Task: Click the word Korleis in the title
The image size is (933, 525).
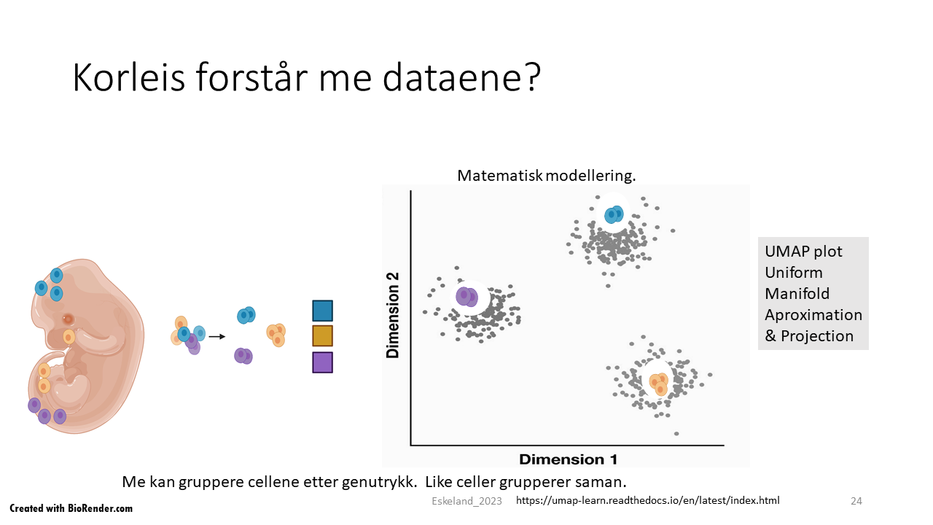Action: [x=129, y=77]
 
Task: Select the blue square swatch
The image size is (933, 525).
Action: [x=322, y=311]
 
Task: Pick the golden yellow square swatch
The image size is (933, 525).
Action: [x=322, y=336]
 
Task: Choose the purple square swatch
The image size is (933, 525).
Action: [x=322, y=362]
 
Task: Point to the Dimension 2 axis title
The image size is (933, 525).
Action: [x=392, y=316]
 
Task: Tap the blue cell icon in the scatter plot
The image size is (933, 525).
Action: [x=614, y=214]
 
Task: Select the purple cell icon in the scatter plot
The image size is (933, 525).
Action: [x=466, y=297]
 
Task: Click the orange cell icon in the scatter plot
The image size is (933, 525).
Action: [x=659, y=384]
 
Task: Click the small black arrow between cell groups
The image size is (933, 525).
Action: [x=216, y=336]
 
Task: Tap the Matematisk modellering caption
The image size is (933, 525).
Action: [x=547, y=176]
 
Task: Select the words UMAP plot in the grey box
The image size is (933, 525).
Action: [x=803, y=252]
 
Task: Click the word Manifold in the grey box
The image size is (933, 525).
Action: [x=797, y=294]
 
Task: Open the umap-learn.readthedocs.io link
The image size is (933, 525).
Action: [x=648, y=500]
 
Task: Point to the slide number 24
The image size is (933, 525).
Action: [x=856, y=501]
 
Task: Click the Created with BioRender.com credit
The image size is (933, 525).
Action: [x=71, y=508]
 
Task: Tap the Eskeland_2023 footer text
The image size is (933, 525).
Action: [x=466, y=501]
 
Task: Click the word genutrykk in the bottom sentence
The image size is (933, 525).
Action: [x=379, y=482]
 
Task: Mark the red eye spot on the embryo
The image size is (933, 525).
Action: [x=68, y=319]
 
